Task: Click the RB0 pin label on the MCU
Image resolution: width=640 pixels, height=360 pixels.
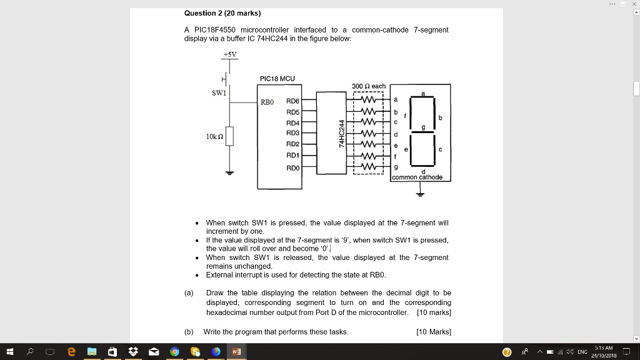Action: pos(267,102)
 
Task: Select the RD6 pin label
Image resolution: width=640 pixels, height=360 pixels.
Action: pos(292,101)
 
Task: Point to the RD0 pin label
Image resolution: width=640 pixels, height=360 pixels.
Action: pos(292,167)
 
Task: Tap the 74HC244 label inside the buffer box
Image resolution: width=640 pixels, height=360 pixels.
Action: pos(342,134)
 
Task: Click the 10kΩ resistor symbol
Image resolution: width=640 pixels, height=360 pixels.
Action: pos(229,136)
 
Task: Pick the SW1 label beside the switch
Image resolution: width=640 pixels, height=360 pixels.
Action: pos(219,92)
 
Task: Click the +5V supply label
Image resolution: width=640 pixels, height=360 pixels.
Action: pos(230,54)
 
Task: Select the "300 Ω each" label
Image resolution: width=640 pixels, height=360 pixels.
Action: pos(369,86)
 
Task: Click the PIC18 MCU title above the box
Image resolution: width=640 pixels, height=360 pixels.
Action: pos(277,78)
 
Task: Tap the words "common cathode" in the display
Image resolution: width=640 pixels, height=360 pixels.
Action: pos(417,177)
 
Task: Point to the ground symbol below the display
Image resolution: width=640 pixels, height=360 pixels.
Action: pos(420,194)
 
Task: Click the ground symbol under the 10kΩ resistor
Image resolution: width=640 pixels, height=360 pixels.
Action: pos(229,173)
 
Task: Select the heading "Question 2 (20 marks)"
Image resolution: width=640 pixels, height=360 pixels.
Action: pos(222,13)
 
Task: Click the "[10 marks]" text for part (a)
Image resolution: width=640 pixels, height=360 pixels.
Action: pos(434,312)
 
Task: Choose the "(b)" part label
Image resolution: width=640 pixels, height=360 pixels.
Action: pos(189,332)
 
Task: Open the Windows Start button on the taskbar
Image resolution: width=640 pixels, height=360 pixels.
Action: pos(10,351)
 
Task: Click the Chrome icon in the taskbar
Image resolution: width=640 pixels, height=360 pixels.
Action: pos(175,351)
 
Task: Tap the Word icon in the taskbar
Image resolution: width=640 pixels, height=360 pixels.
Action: pos(236,351)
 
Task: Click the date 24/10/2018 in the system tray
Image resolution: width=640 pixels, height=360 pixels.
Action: pos(604,356)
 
